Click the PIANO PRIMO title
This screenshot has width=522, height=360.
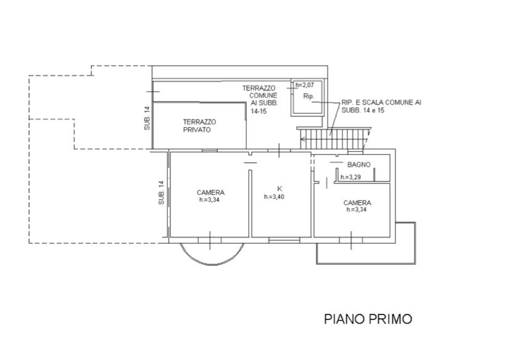pyautogui.click(x=368, y=319)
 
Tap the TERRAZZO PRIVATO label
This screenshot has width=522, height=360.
pyautogui.click(x=199, y=126)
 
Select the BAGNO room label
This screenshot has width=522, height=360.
pyautogui.click(x=359, y=165)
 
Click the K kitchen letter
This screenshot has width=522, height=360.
pyautogui.click(x=280, y=189)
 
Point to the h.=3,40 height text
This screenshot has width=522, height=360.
pyautogui.click(x=274, y=197)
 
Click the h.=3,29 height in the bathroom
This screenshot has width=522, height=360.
pyautogui.click(x=350, y=178)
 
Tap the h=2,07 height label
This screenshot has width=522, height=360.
pyautogui.click(x=305, y=85)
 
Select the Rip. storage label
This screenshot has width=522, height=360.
pyautogui.click(x=309, y=96)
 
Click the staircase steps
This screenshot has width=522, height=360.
pyautogui.click(x=334, y=139)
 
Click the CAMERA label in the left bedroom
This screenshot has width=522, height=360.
pyautogui.click(x=210, y=192)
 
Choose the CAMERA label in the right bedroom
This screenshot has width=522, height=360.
pyautogui.click(x=357, y=203)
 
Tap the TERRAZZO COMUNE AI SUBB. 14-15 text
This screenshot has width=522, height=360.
pyautogui.click(x=260, y=99)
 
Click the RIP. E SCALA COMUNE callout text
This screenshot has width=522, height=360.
pyautogui.click(x=381, y=106)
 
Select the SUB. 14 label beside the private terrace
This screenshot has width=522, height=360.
pyautogui.click(x=147, y=118)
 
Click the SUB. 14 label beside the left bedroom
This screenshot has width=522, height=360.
pyautogui.click(x=161, y=192)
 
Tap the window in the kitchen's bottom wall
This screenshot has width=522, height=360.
pyautogui.click(x=284, y=239)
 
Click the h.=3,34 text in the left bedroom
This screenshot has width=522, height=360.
pyautogui.click(x=209, y=200)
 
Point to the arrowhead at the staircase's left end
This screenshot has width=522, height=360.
pyautogui.click(x=302, y=139)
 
